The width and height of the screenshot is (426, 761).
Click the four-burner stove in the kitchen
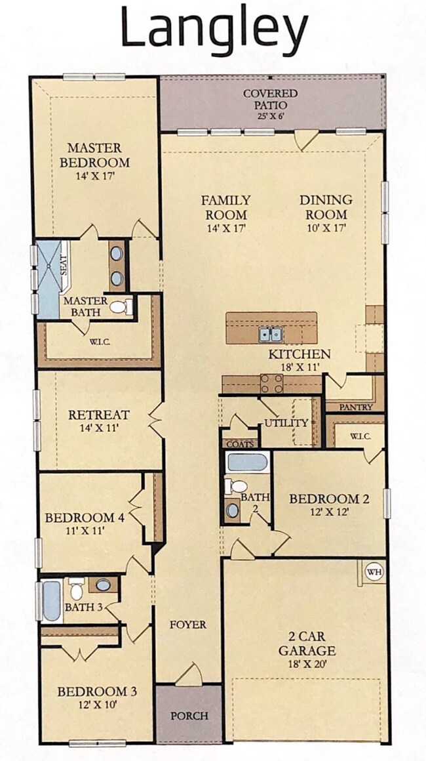[272, 383]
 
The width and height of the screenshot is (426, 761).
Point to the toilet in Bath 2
[235, 486]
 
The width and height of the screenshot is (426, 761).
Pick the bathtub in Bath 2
[247, 462]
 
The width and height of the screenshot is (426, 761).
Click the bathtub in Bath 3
[52, 601]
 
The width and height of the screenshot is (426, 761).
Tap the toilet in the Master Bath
[121, 307]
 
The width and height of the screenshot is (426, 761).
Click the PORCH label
[189, 715]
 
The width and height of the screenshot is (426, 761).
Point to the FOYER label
[187, 625]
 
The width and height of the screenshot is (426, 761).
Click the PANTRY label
[356, 407]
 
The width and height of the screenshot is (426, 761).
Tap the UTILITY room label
[286, 422]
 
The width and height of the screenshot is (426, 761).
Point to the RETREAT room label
[99, 415]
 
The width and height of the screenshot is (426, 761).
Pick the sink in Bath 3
[103, 585]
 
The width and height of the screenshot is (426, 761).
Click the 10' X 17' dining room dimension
[326, 228]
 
